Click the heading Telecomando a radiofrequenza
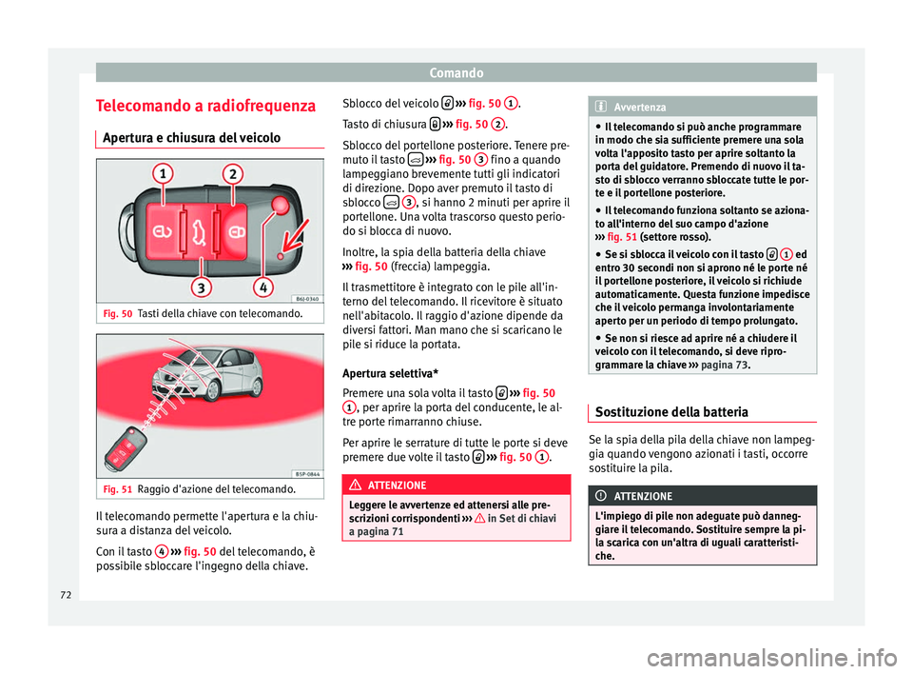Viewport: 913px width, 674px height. [204, 104]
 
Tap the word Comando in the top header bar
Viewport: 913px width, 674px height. [457, 71]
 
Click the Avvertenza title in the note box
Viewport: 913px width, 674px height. [641, 108]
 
